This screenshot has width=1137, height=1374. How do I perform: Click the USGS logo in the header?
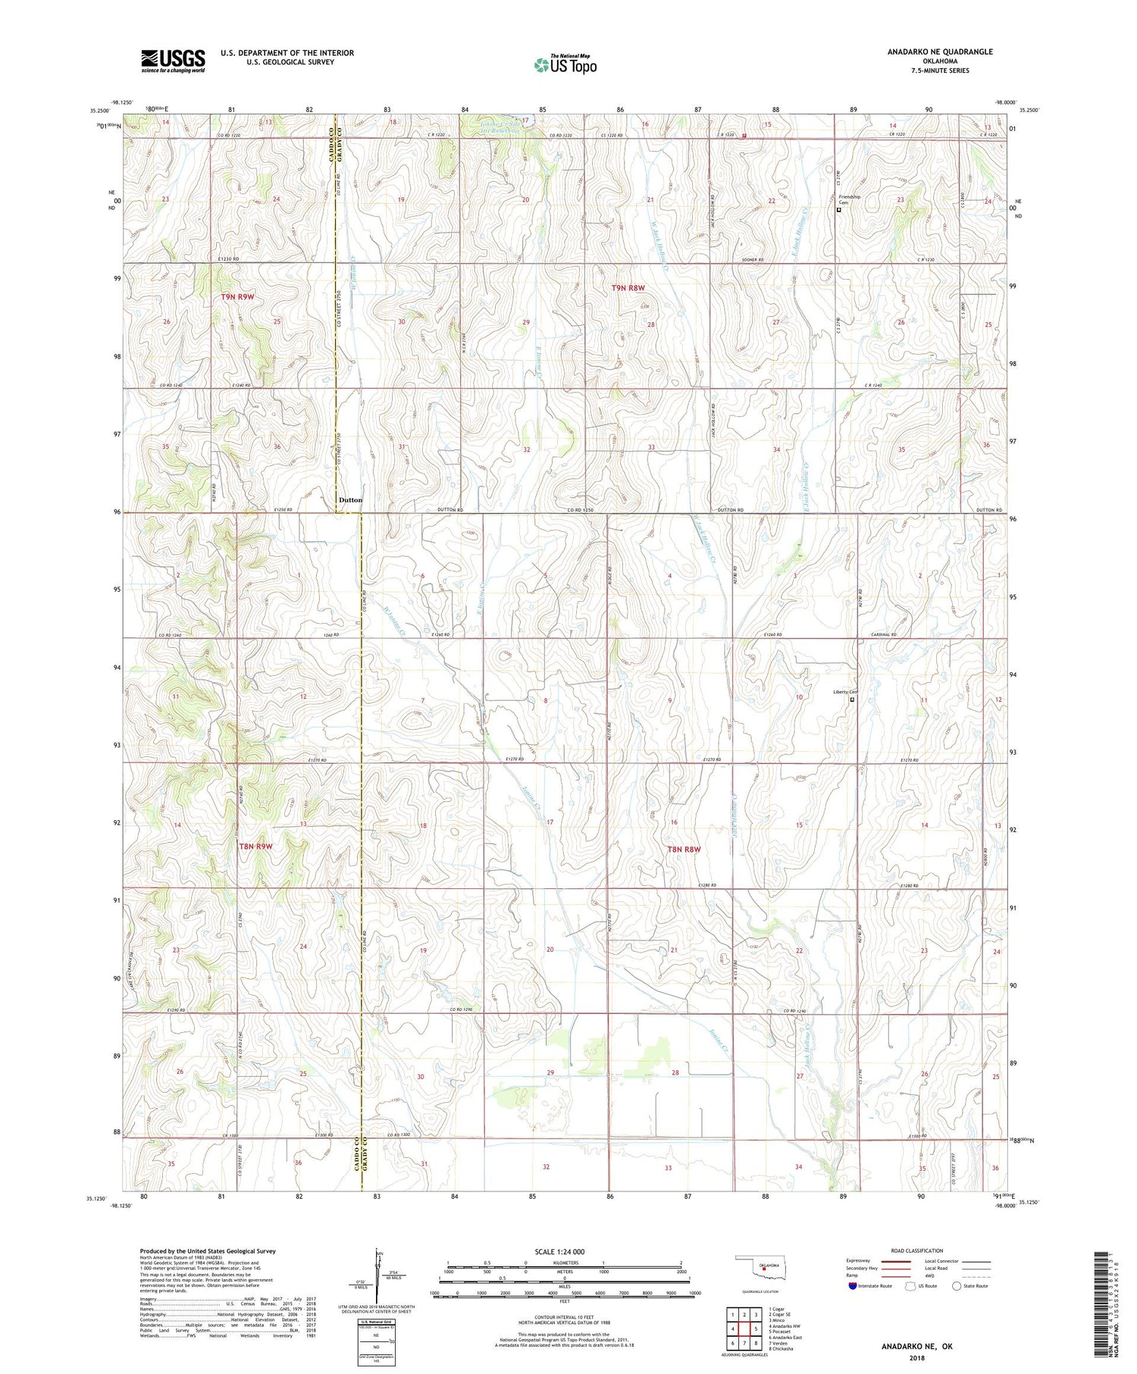173,61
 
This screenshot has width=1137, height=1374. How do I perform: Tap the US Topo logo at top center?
565,64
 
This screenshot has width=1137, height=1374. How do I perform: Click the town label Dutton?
350,500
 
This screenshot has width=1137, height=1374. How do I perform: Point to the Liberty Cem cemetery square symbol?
851,700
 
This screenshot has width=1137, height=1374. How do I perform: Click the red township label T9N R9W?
237,297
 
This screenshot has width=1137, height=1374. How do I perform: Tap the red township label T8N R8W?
684,850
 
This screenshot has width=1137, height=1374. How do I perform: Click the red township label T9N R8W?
628,288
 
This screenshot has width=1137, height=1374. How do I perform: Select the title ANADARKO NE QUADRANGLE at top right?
940,52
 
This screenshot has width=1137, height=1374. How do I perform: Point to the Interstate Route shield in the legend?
853,1286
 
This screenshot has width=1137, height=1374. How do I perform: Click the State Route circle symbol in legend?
957,1286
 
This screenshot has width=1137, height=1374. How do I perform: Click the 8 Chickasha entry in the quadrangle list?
781,1349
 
